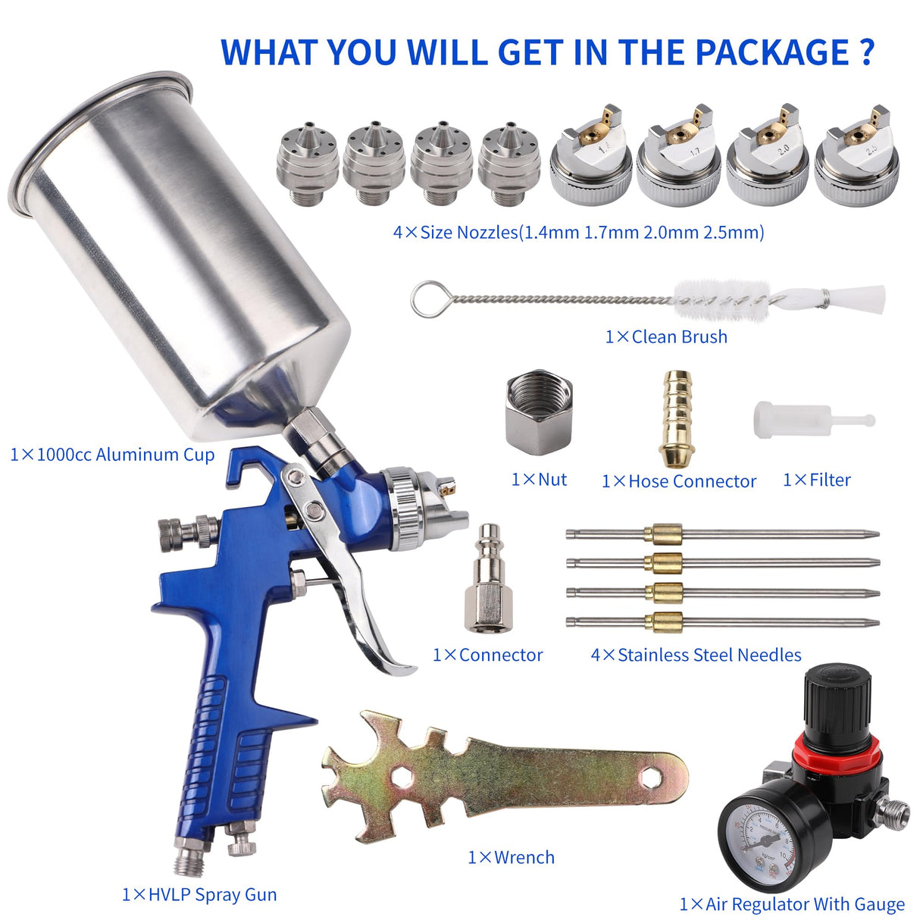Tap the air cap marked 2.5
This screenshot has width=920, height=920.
click(x=857, y=160)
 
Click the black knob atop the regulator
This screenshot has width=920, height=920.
click(x=834, y=697)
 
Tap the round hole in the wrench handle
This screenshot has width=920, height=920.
click(x=649, y=777)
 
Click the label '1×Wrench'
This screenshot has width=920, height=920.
click(x=511, y=857)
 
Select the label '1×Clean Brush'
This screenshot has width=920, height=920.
click(x=665, y=336)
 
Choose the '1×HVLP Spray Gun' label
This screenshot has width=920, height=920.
click(x=199, y=894)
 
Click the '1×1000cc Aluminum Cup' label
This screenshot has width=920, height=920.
click(x=112, y=454)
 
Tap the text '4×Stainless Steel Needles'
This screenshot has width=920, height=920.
click(x=696, y=655)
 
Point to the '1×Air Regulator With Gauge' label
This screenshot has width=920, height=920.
click(x=791, y=903)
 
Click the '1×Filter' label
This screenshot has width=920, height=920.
click(x=816, y=480)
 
